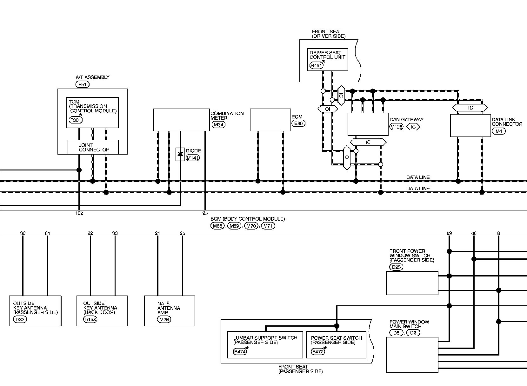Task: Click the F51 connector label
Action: (82, 84)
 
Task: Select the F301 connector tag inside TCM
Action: (75, 120)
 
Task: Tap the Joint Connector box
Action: (93, 147)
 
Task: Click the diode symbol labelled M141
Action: (180, 154)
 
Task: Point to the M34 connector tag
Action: (219, 125)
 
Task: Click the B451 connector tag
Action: (316, 66)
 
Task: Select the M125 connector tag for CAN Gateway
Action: (396, 127)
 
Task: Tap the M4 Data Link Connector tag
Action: (498, 131)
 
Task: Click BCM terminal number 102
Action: (79, 213)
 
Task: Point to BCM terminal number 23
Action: (205, 213)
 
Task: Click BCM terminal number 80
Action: (23, 233)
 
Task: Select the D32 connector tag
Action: (20, 319)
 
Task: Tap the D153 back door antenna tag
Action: (90, 319)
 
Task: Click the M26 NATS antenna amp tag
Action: (164, 319)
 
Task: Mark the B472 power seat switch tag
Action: (317, 352)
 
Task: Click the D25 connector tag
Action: (396, 267)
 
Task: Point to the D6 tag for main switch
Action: (413, 333)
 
